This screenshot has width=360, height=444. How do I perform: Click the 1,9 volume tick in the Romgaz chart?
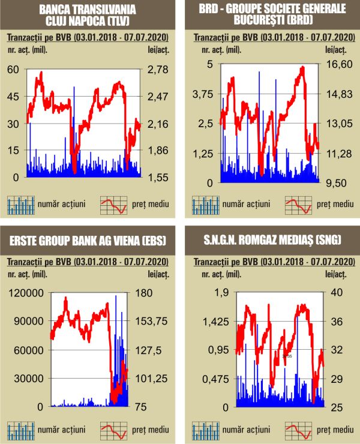206,292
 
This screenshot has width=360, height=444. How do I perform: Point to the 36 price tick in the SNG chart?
336,321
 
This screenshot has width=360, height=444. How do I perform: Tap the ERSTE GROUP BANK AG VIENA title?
88,241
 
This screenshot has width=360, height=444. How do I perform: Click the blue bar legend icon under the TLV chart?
20,205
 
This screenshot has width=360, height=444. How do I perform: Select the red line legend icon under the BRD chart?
298,205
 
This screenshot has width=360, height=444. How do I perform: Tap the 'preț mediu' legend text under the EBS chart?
150,430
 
